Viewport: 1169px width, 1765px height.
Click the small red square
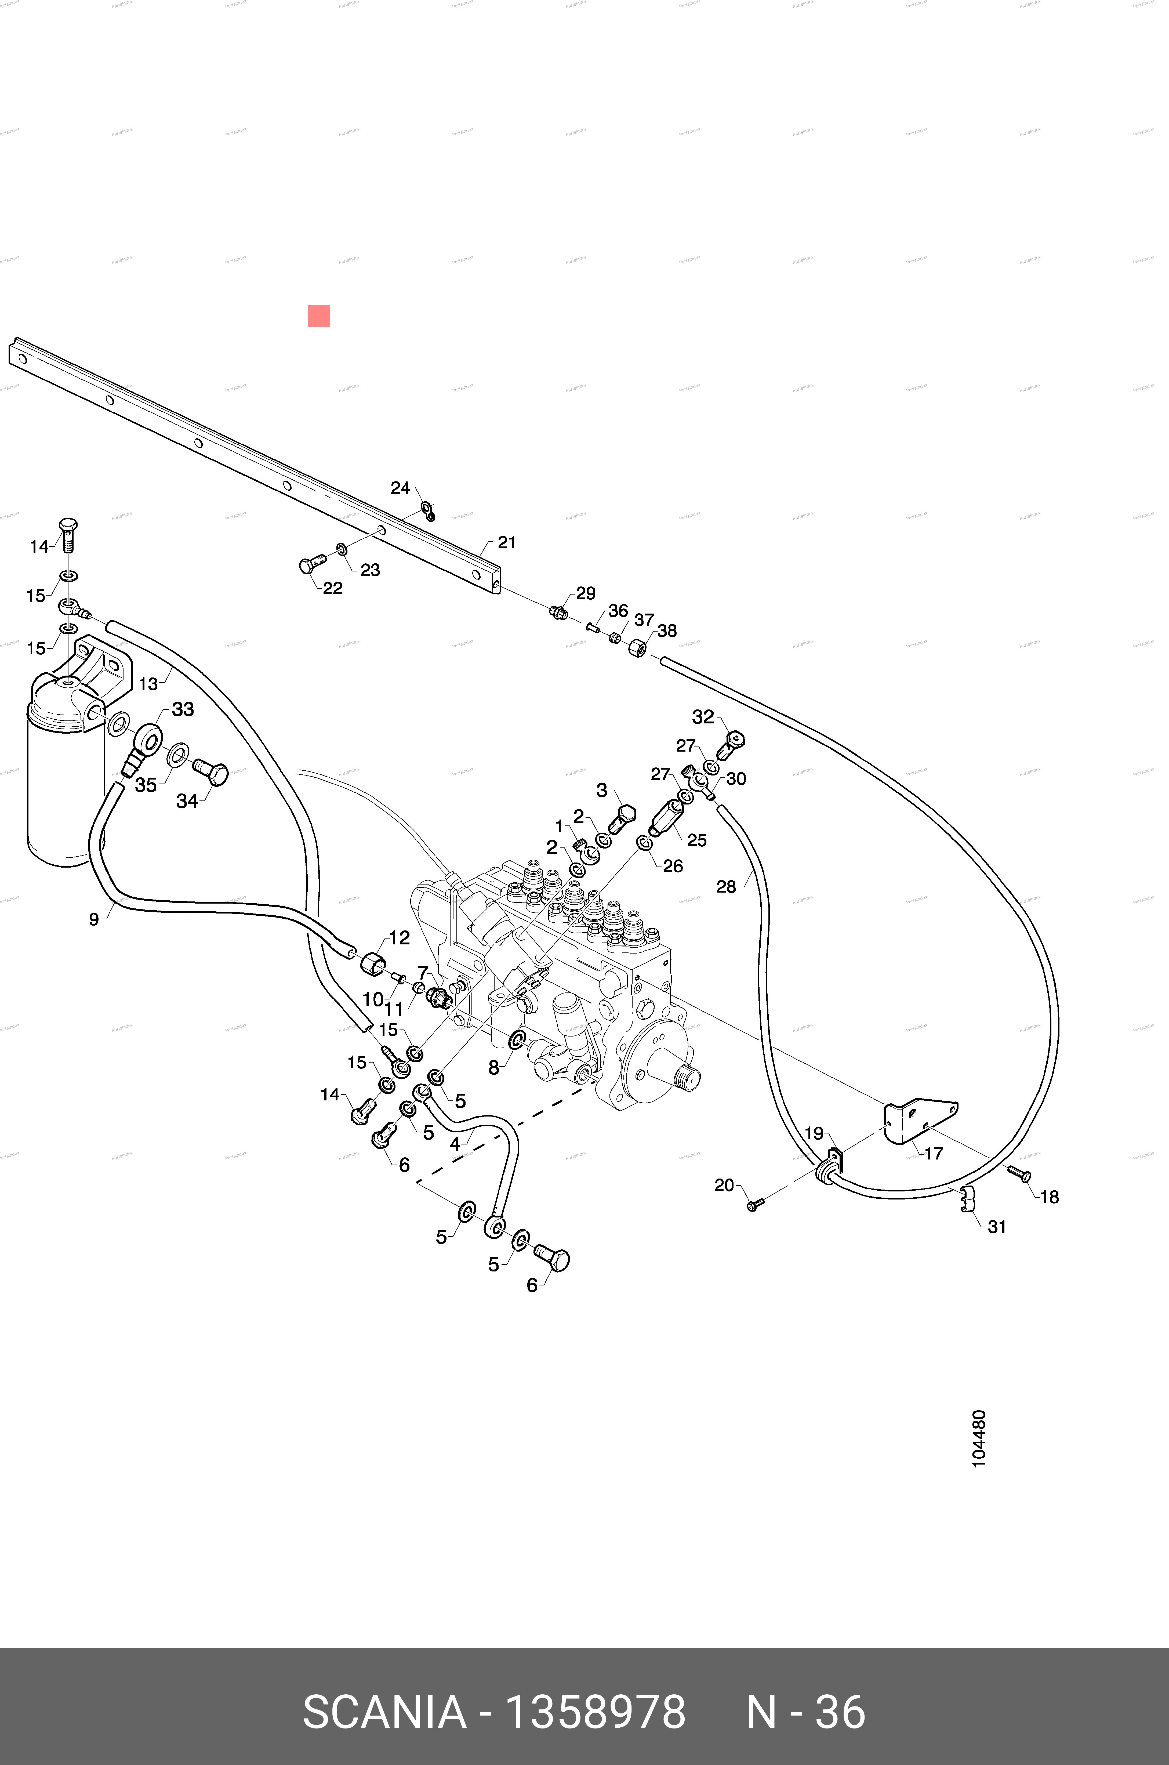click(318, 316)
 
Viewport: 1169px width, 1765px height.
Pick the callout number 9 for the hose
click(94, 919)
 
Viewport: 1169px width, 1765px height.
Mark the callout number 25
click(696, 840)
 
